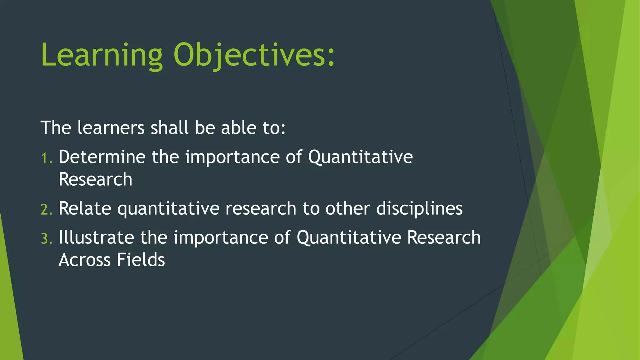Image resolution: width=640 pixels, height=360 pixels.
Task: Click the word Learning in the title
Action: tap(102, 55)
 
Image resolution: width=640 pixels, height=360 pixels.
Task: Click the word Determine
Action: tap(102, 157)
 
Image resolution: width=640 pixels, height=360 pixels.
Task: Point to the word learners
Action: tap(111, 128)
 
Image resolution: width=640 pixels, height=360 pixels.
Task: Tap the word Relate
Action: tap(85, 208)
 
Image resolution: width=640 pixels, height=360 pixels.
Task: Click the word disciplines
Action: tap(419, 208)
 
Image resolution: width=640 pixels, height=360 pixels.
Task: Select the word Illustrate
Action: tap(96, 237)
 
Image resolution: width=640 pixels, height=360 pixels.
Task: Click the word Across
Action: tap(84, 260)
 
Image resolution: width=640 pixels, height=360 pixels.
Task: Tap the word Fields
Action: tap(141, 260)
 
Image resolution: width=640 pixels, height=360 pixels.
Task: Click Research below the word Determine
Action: tap(95, 179)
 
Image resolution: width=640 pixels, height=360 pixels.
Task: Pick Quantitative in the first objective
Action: tap(360, 157)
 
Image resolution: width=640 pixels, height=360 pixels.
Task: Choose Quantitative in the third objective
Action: tap(349, 237)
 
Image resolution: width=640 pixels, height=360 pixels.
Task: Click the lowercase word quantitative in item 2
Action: tap(168, 208)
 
